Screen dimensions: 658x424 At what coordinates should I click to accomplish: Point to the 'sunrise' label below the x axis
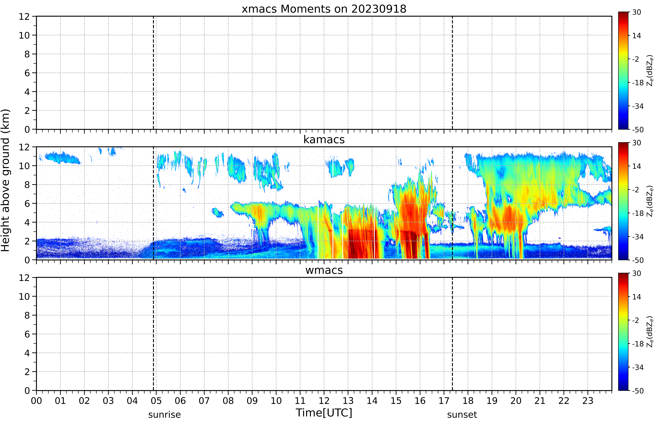[x=165, y=415]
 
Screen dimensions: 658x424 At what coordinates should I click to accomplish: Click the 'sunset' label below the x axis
[x=462, y=415]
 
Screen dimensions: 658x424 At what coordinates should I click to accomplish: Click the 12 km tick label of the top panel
[x=24, y=17]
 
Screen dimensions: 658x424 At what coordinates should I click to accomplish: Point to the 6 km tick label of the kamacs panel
[x=27, y=203]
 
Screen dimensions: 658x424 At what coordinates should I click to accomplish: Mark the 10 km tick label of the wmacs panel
[x=24, y=297]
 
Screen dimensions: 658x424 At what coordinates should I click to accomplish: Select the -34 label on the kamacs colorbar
[x=638, y=237]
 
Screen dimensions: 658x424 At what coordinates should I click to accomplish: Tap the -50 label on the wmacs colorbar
[x=638, y=391]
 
